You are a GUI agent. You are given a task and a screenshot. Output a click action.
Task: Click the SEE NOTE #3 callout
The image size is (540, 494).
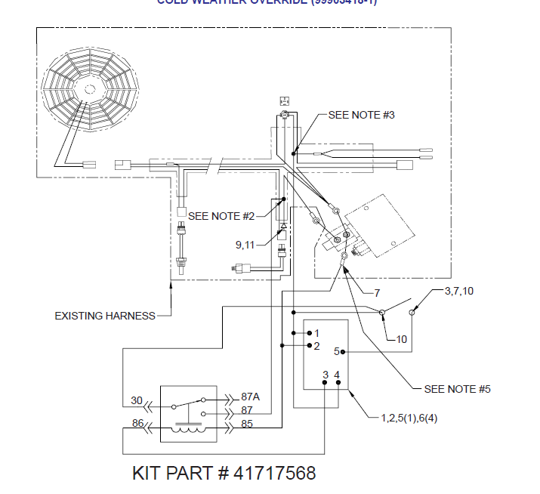pyautogui.click(x=361, y=115)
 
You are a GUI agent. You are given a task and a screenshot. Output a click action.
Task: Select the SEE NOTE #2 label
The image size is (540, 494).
pyautogui.click(x=221, y=216)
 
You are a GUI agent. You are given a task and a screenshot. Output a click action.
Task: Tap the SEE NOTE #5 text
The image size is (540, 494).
pyautogui.click(x=457, y=389)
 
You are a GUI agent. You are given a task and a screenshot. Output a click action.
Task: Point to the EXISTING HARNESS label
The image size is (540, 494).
pyautogui.click(x=104, y=315)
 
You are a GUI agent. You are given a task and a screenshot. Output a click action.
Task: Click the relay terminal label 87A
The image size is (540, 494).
pyautogui.click(x=249, y=397)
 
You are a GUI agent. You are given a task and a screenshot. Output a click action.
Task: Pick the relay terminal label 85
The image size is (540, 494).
pyautogui.click(x=247, y=424)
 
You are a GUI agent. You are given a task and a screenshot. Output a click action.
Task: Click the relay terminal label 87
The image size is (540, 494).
pyautogui.click(x=245, y=409)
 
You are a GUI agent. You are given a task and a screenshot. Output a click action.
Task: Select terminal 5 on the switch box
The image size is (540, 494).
pyautogui.click(x=338, y=351)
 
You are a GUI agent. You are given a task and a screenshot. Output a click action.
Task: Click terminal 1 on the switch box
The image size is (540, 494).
pyautogui.click(x=316, y=333)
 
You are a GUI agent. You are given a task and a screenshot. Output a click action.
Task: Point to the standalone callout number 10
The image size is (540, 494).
pyautogui.click(x=401, y=339)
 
